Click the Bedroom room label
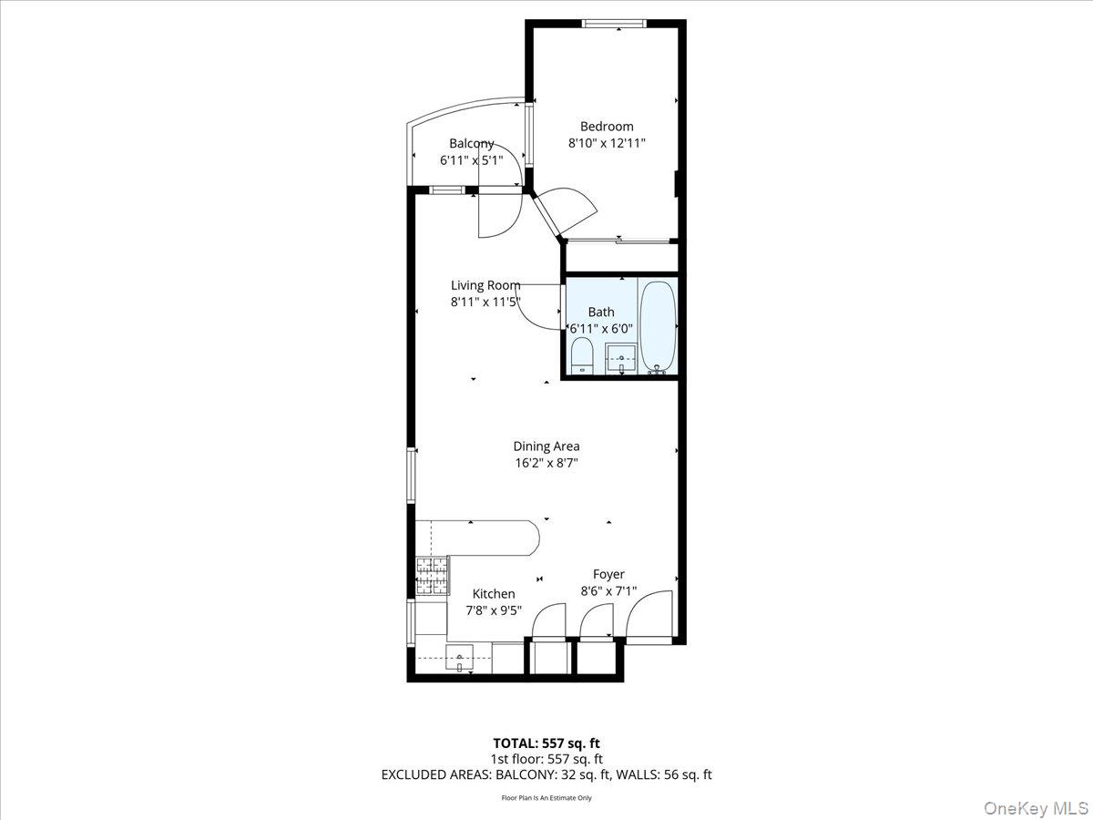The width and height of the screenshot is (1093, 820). [607, 127]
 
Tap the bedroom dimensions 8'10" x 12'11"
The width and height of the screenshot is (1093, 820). [607, 143]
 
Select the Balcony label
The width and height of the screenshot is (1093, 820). [472, 143]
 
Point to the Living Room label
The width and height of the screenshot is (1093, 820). [485, 285]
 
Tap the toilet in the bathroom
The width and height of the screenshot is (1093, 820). [582, 355]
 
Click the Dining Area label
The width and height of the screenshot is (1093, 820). [546, 446]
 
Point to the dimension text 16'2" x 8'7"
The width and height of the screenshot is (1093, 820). [546, 463]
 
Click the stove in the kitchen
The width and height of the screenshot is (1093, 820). [432, 576]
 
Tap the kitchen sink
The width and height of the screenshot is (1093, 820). [460, 658]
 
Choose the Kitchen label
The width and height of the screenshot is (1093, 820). [493, 594]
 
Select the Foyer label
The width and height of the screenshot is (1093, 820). [608, 574]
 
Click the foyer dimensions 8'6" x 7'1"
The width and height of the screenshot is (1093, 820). [608, 590]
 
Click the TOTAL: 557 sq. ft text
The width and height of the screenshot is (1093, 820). [546, 743]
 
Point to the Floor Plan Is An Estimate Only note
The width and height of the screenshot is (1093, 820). [546, 798]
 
